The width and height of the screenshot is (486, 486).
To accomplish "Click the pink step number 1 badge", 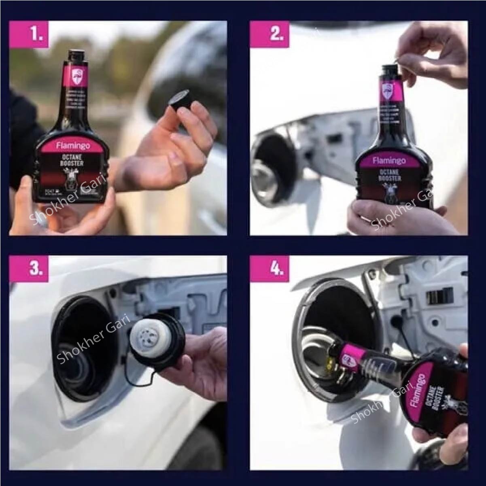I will click(36, 34).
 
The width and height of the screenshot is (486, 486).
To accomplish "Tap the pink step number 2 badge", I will click(276, 34).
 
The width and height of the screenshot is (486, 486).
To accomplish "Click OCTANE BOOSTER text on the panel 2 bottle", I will click(391, 175).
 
